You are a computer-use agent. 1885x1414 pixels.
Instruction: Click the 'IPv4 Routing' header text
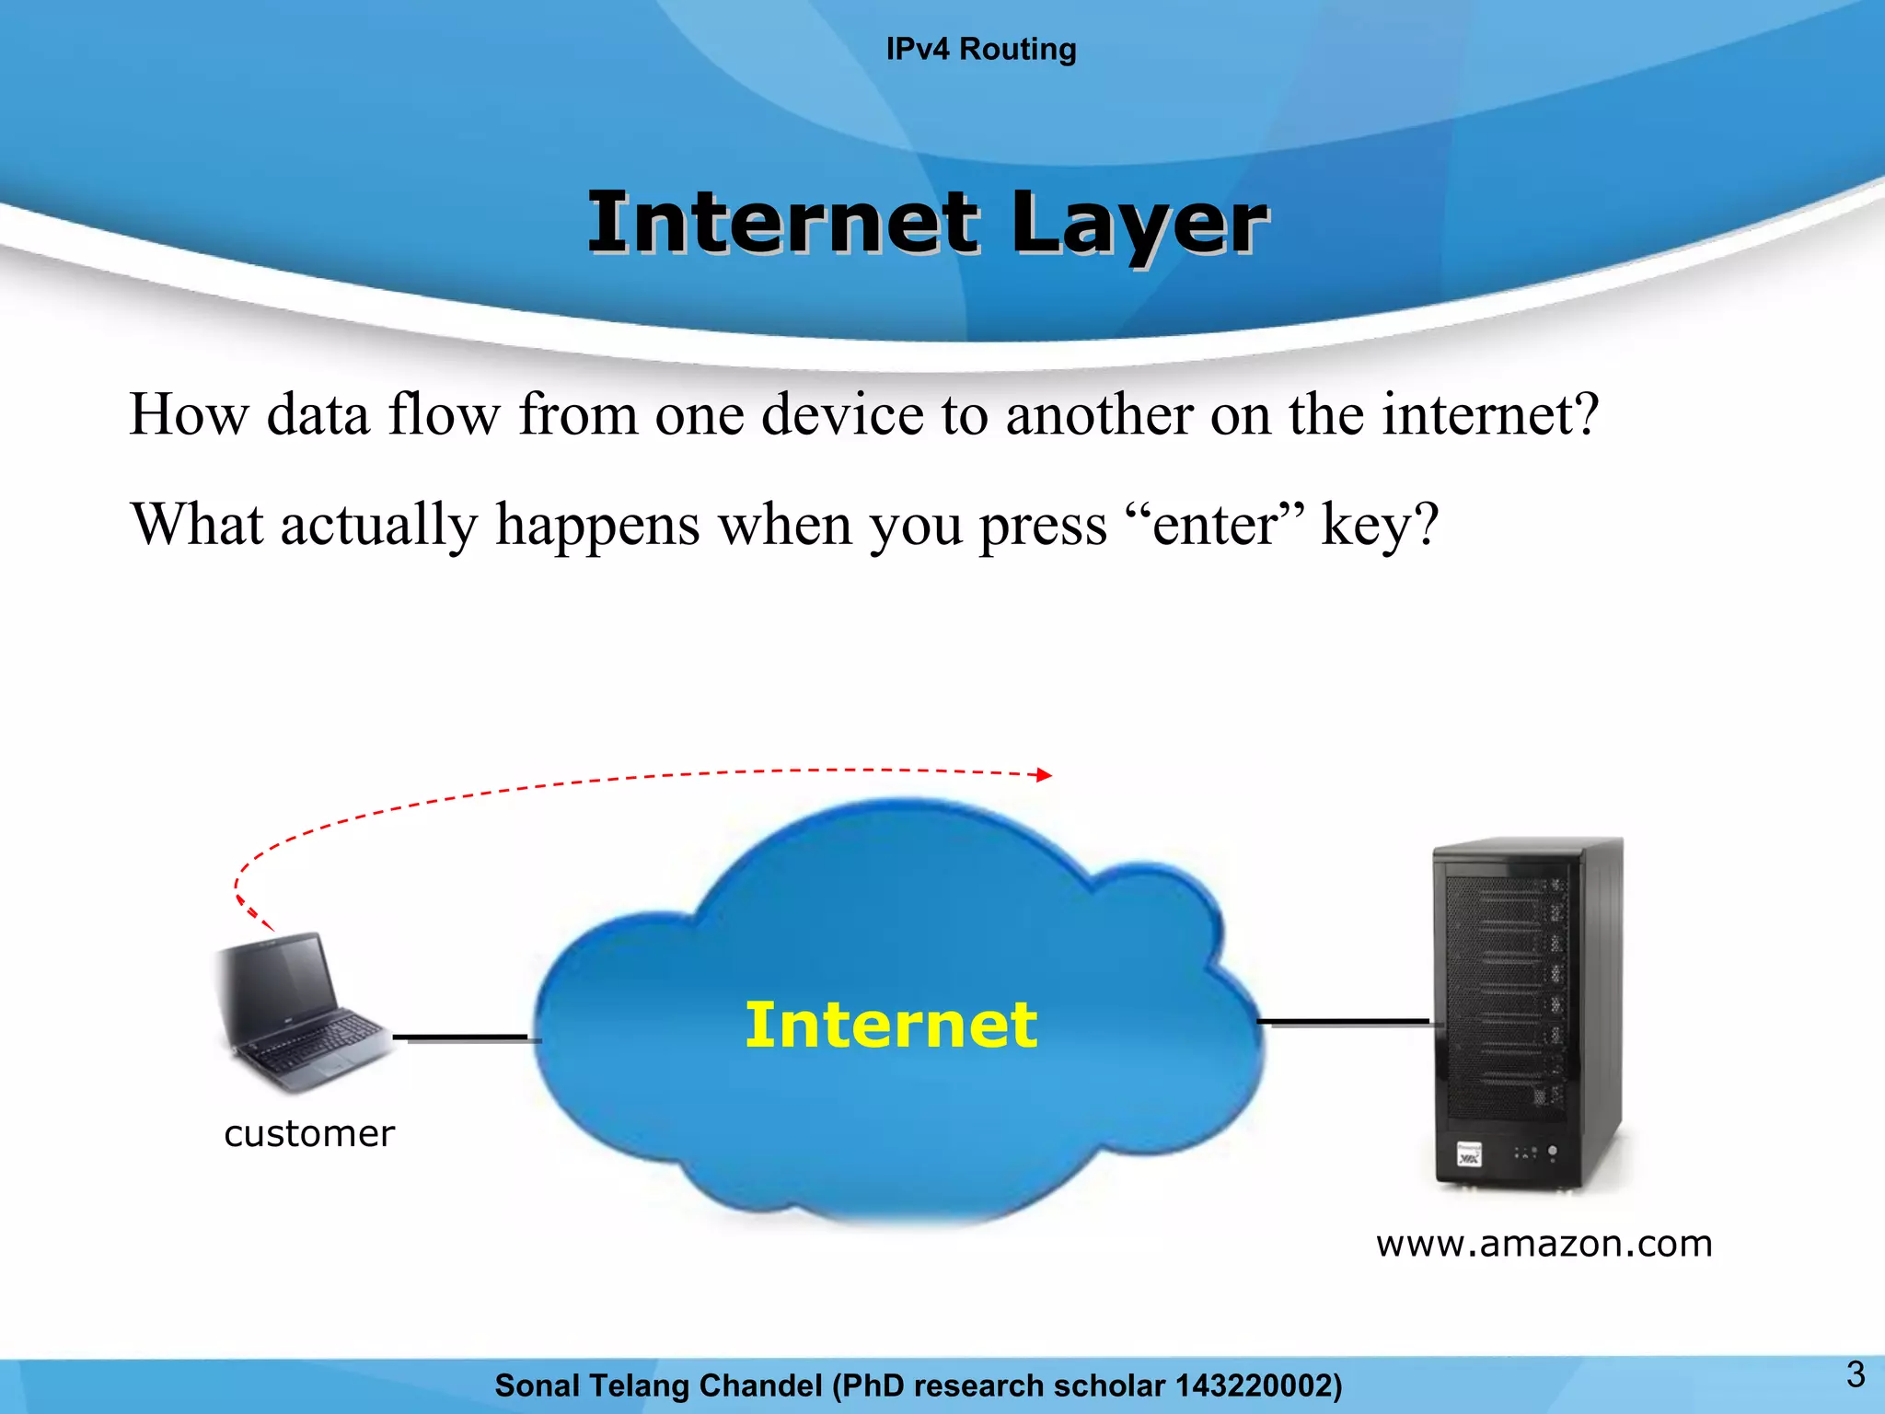tap(980, 49)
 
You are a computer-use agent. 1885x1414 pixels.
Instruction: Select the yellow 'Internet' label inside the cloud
tap(890, 1025)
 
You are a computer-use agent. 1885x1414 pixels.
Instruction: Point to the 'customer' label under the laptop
tap(309, 1133)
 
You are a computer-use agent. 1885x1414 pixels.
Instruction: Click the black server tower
tap(1528, 1013)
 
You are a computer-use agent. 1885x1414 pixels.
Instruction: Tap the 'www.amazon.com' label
tap(1544, 1244)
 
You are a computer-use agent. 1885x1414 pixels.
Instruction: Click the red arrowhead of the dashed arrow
tap(1044, 775)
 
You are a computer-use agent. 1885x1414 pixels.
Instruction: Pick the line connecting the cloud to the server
tap(1344, 1022)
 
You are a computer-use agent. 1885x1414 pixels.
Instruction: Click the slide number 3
tap(1856, 1374)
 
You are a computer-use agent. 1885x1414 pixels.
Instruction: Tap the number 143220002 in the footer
tap(1254, 1385)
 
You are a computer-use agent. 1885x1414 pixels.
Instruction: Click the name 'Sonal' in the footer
tap(537, 1385)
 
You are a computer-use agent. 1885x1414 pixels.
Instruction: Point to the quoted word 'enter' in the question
tap(1215, 526)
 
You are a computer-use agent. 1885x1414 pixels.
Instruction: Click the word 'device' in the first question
tap(842, 414)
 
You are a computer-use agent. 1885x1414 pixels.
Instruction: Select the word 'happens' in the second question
tap(597, 526)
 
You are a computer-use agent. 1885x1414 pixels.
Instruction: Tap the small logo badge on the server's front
tap(1470, 1154)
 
